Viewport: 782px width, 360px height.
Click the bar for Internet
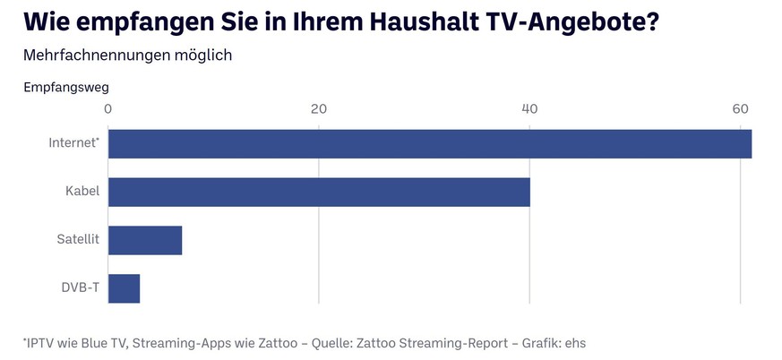pos(430,144)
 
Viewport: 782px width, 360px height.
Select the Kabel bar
pos(319,193)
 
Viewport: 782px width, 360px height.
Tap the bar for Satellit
pos(145,241)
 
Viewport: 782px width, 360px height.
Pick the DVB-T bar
pos(124,288)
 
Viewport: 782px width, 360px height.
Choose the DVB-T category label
pos(80,288)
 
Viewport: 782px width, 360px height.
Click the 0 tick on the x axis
pos(108,109)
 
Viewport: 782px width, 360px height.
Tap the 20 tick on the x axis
pos(319,109)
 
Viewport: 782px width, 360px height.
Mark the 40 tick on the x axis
pos(529,109)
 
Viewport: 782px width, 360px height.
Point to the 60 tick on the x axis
pos(740,109)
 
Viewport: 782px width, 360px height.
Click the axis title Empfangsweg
pos(65,87)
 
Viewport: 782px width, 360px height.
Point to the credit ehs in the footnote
pos(574,342)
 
